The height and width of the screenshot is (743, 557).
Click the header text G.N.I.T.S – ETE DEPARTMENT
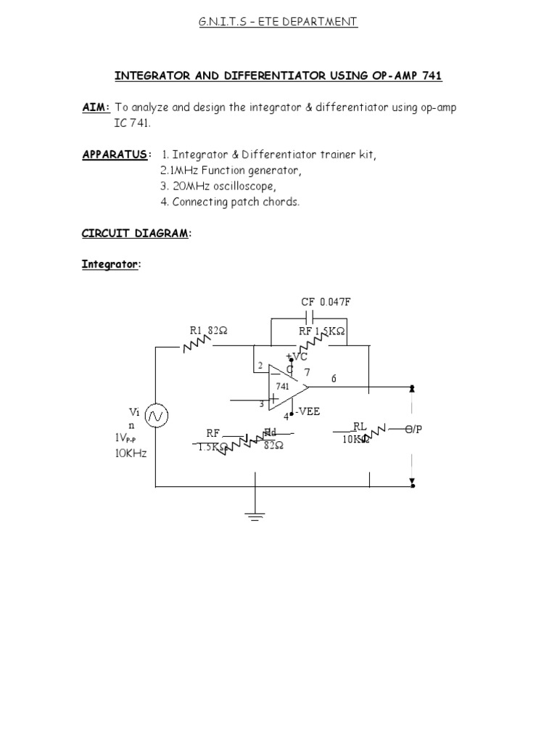pyautogui.click(x=278, y=22)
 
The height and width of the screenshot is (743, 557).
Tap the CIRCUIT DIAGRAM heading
pyautogui.click(x=134, y=233)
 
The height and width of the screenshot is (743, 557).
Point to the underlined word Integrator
pyautogui.click(x=108, y=265)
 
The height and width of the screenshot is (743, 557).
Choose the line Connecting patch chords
pyautogui.click(x=229, y=202)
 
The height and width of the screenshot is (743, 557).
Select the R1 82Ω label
pyautogui.click(x=208, y=331)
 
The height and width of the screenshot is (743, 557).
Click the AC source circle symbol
pyautogui.click(x=156, y=416)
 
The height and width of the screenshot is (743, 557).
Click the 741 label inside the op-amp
pyautogui.click(x=282, y=387)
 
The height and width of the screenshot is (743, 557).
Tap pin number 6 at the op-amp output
pyautogui.click(x=334, y=379)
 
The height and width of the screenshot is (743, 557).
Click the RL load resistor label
pyautogui.click(x=360, y=426)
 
